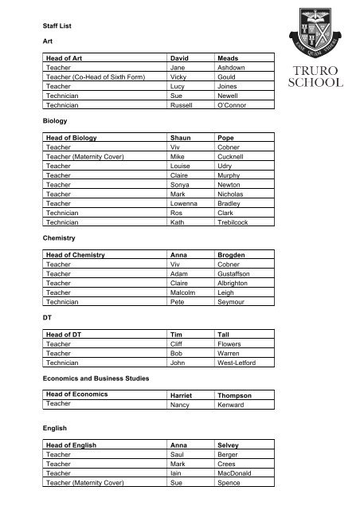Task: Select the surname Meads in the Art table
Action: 229,58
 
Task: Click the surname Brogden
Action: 233,276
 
